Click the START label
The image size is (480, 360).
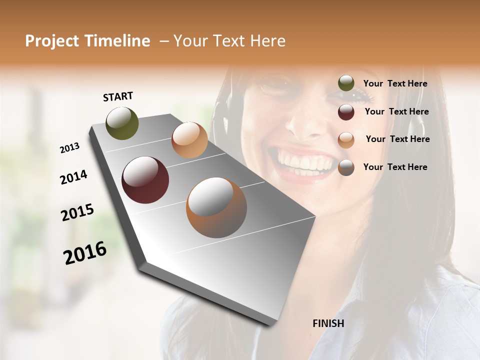click(118, 96)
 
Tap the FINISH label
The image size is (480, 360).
click(328, 323)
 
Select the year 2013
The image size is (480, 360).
click(70, 148)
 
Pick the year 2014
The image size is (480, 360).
click(74, 177)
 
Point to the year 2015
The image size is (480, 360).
click(77, 212)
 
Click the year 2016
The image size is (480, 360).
click(85, 253)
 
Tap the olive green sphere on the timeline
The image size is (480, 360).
click(122, 123)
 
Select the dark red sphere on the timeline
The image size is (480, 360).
click(145, 180)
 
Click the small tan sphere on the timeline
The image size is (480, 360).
click(189, 140)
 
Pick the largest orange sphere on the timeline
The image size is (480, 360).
click(216, 207)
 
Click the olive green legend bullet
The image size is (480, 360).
click(346, 83)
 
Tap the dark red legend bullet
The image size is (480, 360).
click(346, 112)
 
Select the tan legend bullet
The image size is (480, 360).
click(346, 139)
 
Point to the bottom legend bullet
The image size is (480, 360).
click(346, 167)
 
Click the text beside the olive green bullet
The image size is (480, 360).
click(395, 84)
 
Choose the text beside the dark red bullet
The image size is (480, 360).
click(396, 111)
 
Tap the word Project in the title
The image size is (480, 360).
click(51, 41)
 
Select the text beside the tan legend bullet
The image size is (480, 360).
click(397, 139)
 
